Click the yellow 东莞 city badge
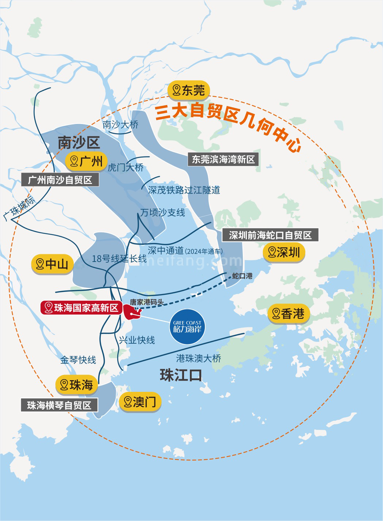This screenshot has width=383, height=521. click(x=189, y=90)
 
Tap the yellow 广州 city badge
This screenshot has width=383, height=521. click(x=87, y=161)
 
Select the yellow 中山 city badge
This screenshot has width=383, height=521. click(x=52, y=264)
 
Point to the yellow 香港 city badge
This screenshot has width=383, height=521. click(x=288, y=314)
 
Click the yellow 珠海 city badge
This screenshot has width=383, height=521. click(x=77, y=385)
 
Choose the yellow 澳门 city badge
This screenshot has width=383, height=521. click(x=140, y=402)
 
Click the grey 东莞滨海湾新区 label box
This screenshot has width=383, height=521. click(x=223, y=159)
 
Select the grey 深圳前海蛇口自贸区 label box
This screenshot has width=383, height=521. click(x=270, y=235)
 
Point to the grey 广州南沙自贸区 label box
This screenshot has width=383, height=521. click(x=60, y=180)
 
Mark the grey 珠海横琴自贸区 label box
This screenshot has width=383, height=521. click(x=59, y=405)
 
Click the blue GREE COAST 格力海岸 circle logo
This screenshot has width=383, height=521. click(x=187, y=327)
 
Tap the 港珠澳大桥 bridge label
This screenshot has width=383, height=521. click(x=199, y=358)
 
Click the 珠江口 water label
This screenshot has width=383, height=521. click(x=181, y=375)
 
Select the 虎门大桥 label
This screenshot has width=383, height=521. click(x=125, y=167)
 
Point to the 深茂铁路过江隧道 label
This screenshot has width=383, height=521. click(x=184, y=190)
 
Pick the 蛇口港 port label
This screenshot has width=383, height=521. click(x=242, y=276)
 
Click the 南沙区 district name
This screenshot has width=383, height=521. click(x=78, y=143)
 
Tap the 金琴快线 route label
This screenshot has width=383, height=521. click(x=78, y=360)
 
